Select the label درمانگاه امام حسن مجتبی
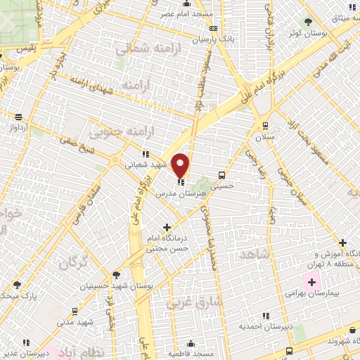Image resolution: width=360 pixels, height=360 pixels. pyautogui.click(x=167, y=243)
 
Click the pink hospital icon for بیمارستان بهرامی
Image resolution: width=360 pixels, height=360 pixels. pyautogui.click(x=312, y=281)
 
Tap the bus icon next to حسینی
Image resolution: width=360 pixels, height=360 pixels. pyautogui.click(x=222, y=175)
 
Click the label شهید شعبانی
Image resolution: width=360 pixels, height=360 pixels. pyautogui.click(x=145, y=166)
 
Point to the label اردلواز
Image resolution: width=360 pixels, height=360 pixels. pyautogui.click(x=18, y=128)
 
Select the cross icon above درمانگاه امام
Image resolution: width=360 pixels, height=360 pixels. pyautogui.click(x=167, y=227)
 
